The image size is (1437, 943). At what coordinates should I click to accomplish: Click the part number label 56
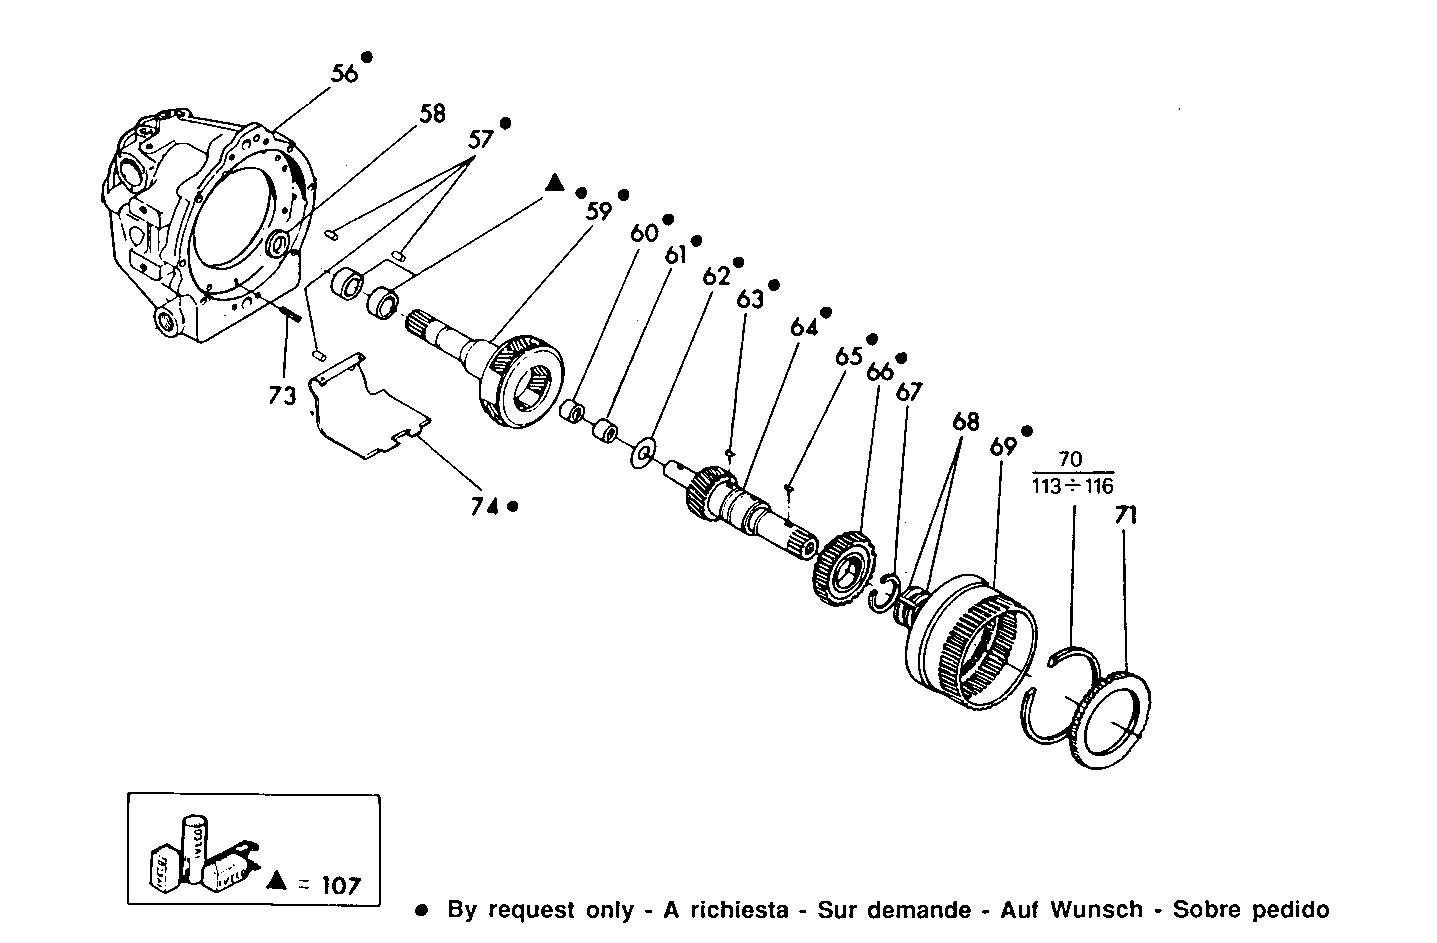[344, 74]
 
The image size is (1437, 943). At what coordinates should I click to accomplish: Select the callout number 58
[432, 113]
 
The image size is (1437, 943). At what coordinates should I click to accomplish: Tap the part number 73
[283, 395]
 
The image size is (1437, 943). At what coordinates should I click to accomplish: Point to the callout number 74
[485, 506]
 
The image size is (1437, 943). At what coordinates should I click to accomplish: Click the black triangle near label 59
[555, 183]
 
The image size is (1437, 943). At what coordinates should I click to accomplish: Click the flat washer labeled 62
[643, 453]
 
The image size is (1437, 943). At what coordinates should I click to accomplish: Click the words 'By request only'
[540, 910]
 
